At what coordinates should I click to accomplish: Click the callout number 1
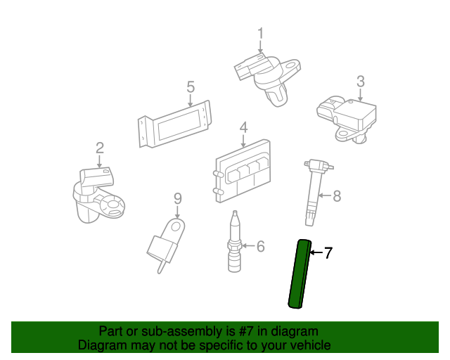pyautogui.click(x=260, y=33)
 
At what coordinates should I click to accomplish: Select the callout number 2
pyautogui.click(x=100, y=147)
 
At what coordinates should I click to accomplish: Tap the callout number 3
pyautogui.click(x=360, y=82)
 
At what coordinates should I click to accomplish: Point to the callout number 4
pyautogui.click(x=243, y=127)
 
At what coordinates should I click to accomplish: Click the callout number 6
pyautogui.click(x=260, y=246)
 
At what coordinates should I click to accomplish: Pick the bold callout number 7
pyautogui.click(x=328, y=253)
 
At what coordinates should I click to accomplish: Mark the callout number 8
pyautogui.click(x=336, y=195)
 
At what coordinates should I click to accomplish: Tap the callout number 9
pyautogui.click(x=178, y=199)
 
